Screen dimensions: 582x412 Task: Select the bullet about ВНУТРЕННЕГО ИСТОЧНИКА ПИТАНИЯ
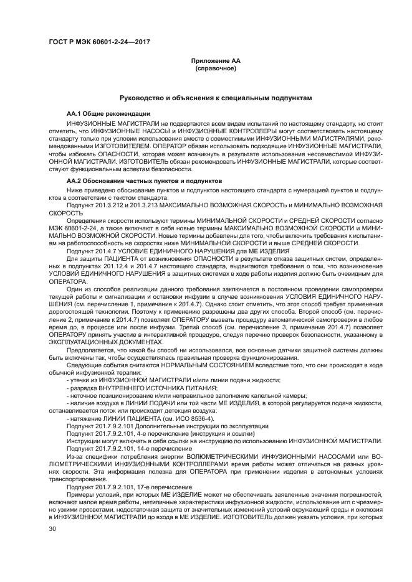point(141,388)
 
